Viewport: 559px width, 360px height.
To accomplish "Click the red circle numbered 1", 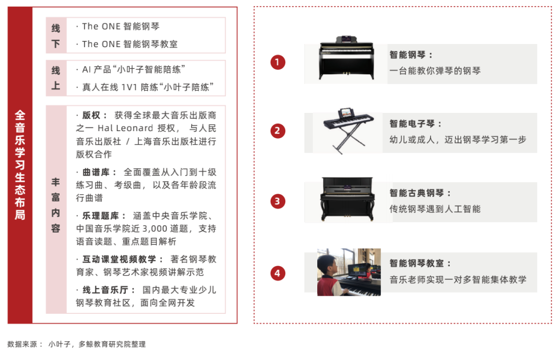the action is point(277,62).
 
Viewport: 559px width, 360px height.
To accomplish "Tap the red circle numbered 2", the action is point(277,131).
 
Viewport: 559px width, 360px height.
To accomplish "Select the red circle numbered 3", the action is point(277,201).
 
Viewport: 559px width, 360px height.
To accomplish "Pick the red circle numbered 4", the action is point(277,273).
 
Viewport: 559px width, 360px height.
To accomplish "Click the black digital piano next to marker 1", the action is point(346,58).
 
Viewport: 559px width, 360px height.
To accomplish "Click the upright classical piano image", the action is point(348,199).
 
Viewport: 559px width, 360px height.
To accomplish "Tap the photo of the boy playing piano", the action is point(349,272).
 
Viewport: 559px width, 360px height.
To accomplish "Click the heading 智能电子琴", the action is point(412,124).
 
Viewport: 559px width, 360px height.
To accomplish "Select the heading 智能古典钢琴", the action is point(417,193).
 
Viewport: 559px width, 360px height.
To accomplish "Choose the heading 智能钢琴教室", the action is point(417,263).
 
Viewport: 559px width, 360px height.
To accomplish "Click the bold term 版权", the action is point(91,115).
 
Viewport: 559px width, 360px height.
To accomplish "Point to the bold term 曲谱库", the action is point(96,172).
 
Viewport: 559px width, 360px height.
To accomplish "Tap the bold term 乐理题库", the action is point(100,216).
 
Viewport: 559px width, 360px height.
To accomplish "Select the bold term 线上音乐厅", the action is point(105,290).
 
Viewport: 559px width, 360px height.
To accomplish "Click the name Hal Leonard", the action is point(125,128).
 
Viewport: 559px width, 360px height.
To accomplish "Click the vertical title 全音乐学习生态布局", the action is point(20,165).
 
